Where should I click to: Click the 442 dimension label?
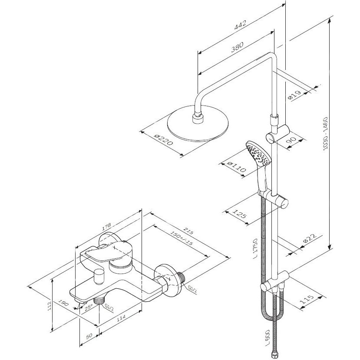point(240,25)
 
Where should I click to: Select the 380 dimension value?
point(237,47)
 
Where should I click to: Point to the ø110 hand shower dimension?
point(237,167)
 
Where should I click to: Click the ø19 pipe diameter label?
point(294,95)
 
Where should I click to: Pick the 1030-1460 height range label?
point(326,134)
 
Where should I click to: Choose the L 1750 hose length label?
point(255,249)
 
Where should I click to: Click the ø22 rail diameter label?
point(310,238)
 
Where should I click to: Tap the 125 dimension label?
point(239,214)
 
